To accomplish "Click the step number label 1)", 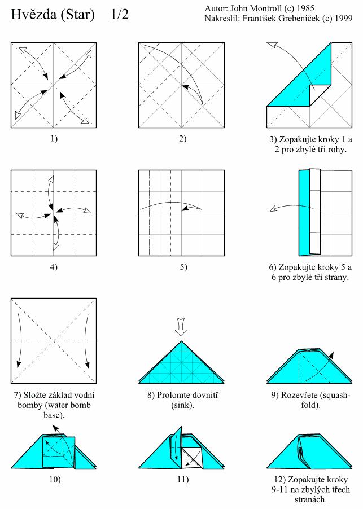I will [x=54, y=139].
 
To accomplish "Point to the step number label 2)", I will [x=181, y=139].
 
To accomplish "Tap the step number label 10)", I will [x=54, y=480].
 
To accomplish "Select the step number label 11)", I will [x=181, y=480].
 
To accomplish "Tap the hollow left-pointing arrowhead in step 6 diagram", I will [x=275, y=209].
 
